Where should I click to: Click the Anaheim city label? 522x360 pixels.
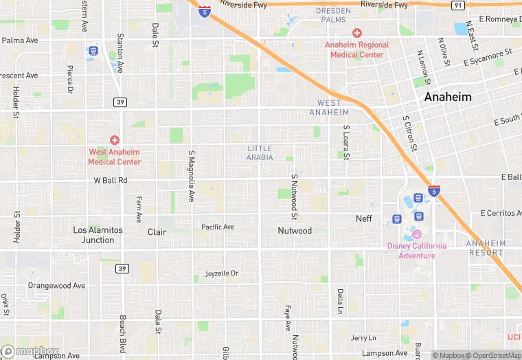click(x=448, y=97)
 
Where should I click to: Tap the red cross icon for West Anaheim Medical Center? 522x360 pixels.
click(x=115, y=139)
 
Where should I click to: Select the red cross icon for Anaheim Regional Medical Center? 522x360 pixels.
click(x=356, y=33)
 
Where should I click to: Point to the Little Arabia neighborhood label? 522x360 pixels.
click(x=260, y=153)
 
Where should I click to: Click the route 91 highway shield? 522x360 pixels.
click(x=458, y=5)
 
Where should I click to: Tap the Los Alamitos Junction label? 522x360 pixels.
click(x=98, y=235)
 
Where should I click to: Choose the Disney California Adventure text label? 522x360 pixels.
click(x=416, y=251)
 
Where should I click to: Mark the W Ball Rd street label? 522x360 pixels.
click(x=111, y=181)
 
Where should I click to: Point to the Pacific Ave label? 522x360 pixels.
click(x=218, y=227)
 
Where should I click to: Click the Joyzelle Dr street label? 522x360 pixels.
click(x=222, y=273)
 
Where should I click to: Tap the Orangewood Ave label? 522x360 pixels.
click(x=56, y=285)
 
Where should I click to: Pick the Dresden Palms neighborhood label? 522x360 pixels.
click(x=333, y=15)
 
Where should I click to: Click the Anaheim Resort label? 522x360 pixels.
click(x=486, y=247)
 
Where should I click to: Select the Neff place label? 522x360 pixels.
click(x=363, y=218)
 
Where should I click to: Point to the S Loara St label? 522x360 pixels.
click(x=347, y=143)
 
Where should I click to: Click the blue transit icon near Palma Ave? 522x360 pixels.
click(x=93, y=51)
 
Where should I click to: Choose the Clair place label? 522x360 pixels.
click(x=157, y=232)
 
